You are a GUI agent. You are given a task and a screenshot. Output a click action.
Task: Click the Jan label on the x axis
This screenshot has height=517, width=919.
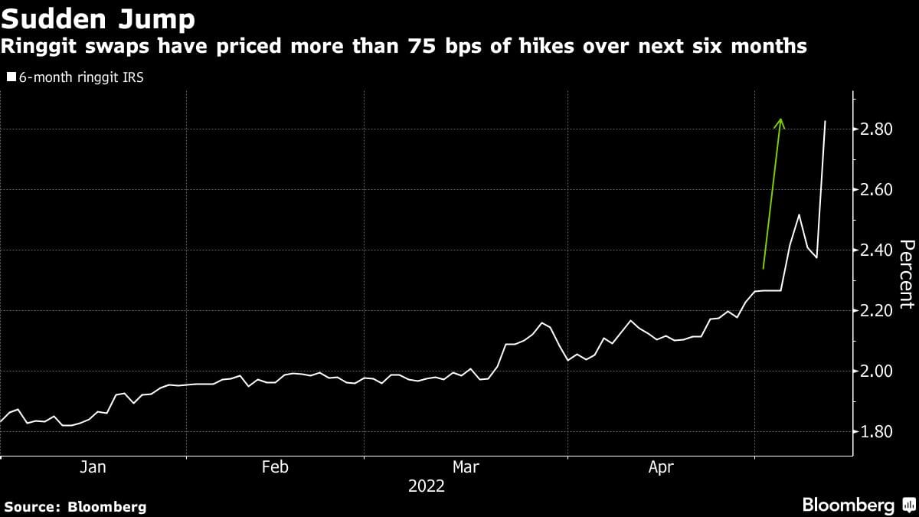(93, 466)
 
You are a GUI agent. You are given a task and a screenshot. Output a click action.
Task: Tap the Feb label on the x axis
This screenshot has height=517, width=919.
(275, 466)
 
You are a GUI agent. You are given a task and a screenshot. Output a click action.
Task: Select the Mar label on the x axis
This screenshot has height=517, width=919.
(466, 466)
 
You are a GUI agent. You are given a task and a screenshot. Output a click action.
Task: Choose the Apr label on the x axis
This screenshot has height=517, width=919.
(661, 466)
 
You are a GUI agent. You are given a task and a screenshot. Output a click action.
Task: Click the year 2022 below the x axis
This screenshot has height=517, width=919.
(426, 486)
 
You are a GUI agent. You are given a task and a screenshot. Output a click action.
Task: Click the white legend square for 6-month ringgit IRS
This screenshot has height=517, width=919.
(11, 77)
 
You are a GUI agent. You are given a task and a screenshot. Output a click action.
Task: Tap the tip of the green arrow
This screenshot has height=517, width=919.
(780, 119)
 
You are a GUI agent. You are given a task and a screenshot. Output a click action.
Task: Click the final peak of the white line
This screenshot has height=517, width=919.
(825, 121)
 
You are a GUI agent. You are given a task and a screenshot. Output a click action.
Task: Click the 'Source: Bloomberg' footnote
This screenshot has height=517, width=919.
(75, 506)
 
